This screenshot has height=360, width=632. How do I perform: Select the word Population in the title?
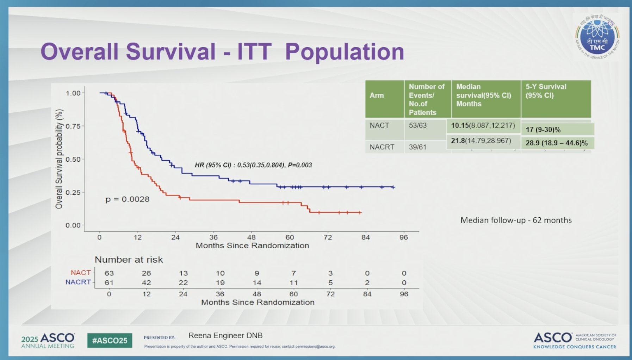point(344,52)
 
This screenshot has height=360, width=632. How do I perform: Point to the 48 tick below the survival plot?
point(251,237)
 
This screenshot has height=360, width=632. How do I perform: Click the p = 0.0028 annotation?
point(127,199)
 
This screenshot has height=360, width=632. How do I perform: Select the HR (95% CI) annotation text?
point(253,165)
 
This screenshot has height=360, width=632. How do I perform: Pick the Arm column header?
point(377,95)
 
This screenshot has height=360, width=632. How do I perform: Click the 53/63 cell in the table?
point(417,125)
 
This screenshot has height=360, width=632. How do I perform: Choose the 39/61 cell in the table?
point(417,147)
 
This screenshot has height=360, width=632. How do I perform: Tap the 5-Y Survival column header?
point(546,91)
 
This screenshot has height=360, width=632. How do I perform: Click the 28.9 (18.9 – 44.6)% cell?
point(557,143)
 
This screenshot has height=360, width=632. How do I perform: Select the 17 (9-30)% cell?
point(543,130)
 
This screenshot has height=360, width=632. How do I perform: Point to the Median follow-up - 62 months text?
point(516,221)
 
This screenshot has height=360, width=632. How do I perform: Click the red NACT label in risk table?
point(81,273)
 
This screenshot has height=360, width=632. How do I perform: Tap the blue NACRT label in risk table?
point(78,282)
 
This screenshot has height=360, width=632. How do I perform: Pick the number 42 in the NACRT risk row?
point(146,283)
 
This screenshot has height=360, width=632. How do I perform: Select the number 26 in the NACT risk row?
point(146,273)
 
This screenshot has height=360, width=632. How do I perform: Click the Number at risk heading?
point(129,260)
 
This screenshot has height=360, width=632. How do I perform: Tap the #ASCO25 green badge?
point(110,341)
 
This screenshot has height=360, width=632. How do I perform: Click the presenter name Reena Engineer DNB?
point(225,336)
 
